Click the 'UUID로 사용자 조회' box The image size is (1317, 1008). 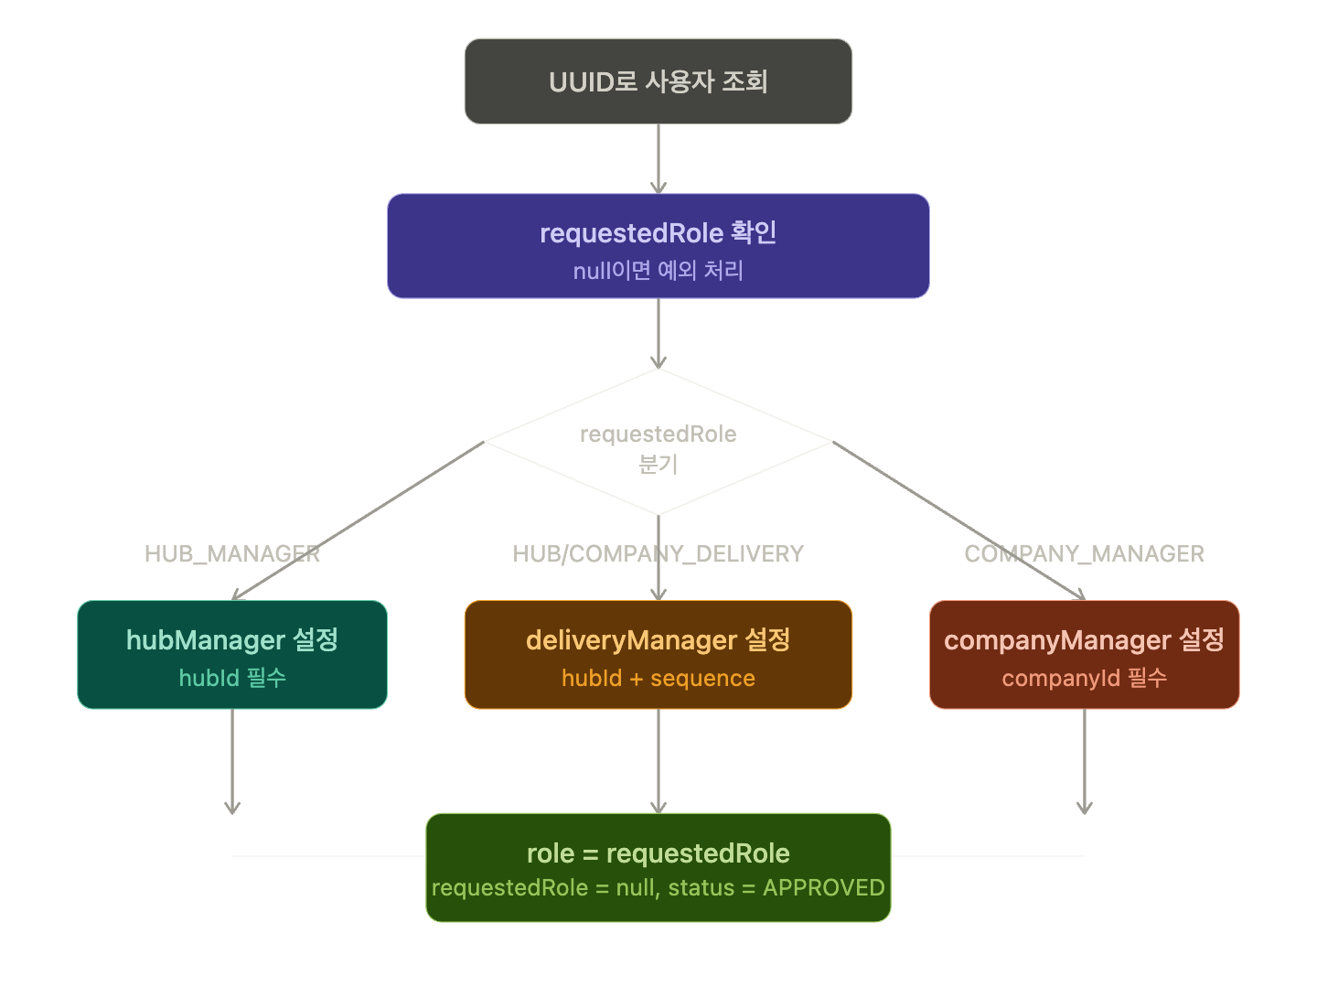tap(658, 81)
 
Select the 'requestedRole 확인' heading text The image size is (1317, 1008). tap(658, 233)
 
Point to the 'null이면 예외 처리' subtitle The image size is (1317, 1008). tap(658, 271)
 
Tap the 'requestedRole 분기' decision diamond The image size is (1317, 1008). tap(658, 447)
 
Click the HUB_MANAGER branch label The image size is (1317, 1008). tap(231, 553)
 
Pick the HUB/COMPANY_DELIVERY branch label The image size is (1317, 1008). tap(658, 553)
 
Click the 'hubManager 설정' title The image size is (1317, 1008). tap(232, 639)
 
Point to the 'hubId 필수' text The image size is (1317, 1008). tap(232, 678)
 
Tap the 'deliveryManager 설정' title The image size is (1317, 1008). tap(658, 639)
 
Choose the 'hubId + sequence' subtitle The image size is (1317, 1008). tap(658, 678)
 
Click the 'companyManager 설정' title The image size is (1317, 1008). tap(1084, 639)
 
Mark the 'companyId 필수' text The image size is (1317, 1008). tap(1084, 678)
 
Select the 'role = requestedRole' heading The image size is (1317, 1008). tap(658, 853)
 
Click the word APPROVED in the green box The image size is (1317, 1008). tap(823, 888)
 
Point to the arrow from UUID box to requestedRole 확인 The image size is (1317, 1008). tap(658, 158)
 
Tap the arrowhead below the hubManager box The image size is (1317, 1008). tap(232, 807)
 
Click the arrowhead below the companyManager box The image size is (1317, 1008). tap(1085, 807)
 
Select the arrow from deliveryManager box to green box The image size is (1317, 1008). tap(658, 760)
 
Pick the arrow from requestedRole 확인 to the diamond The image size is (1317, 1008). tap(658, 333)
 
